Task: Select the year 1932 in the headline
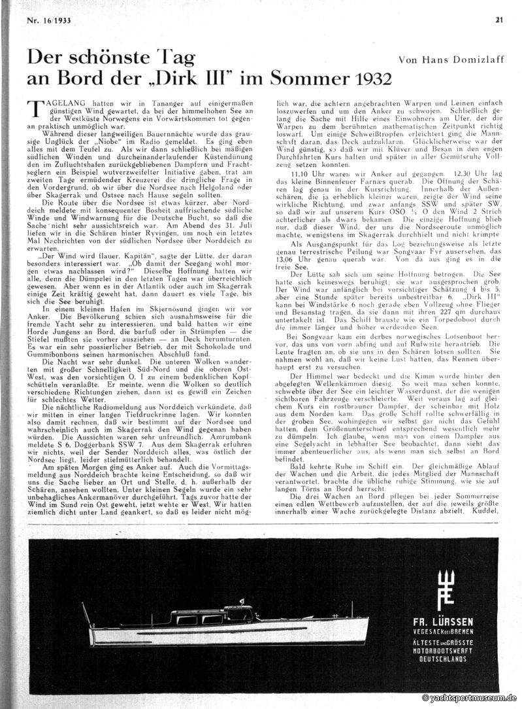point(369,79)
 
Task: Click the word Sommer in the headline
point(308,79)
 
